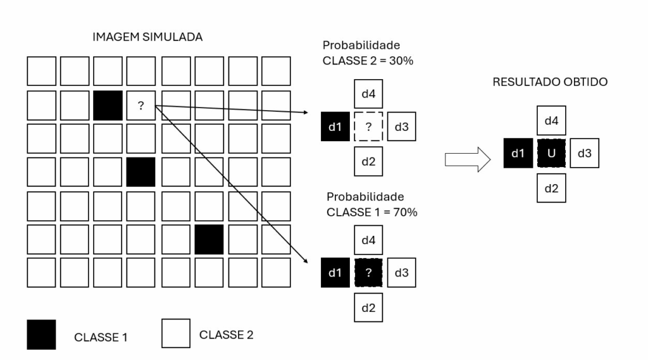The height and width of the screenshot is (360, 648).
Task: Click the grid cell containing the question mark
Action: click(140, 106)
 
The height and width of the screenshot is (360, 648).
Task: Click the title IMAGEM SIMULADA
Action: click(147, 37)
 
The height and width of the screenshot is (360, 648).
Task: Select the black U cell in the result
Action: click(552, 153)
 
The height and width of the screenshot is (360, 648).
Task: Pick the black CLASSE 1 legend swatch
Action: click(41, 334)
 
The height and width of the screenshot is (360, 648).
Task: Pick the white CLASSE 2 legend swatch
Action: click(177, 333)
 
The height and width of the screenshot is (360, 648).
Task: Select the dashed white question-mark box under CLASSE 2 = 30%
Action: click(368, 127)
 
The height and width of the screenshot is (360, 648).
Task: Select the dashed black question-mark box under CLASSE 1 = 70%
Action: click(368, 273)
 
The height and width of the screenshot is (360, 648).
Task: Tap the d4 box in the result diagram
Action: click(552, 120)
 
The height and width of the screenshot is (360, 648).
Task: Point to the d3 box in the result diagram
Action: click(584, 153)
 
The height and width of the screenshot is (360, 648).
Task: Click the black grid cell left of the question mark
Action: click(108, 106)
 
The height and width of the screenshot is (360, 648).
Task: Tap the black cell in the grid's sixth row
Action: click(209, 239)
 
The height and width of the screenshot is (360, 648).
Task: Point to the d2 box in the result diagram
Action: click(552, 187)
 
